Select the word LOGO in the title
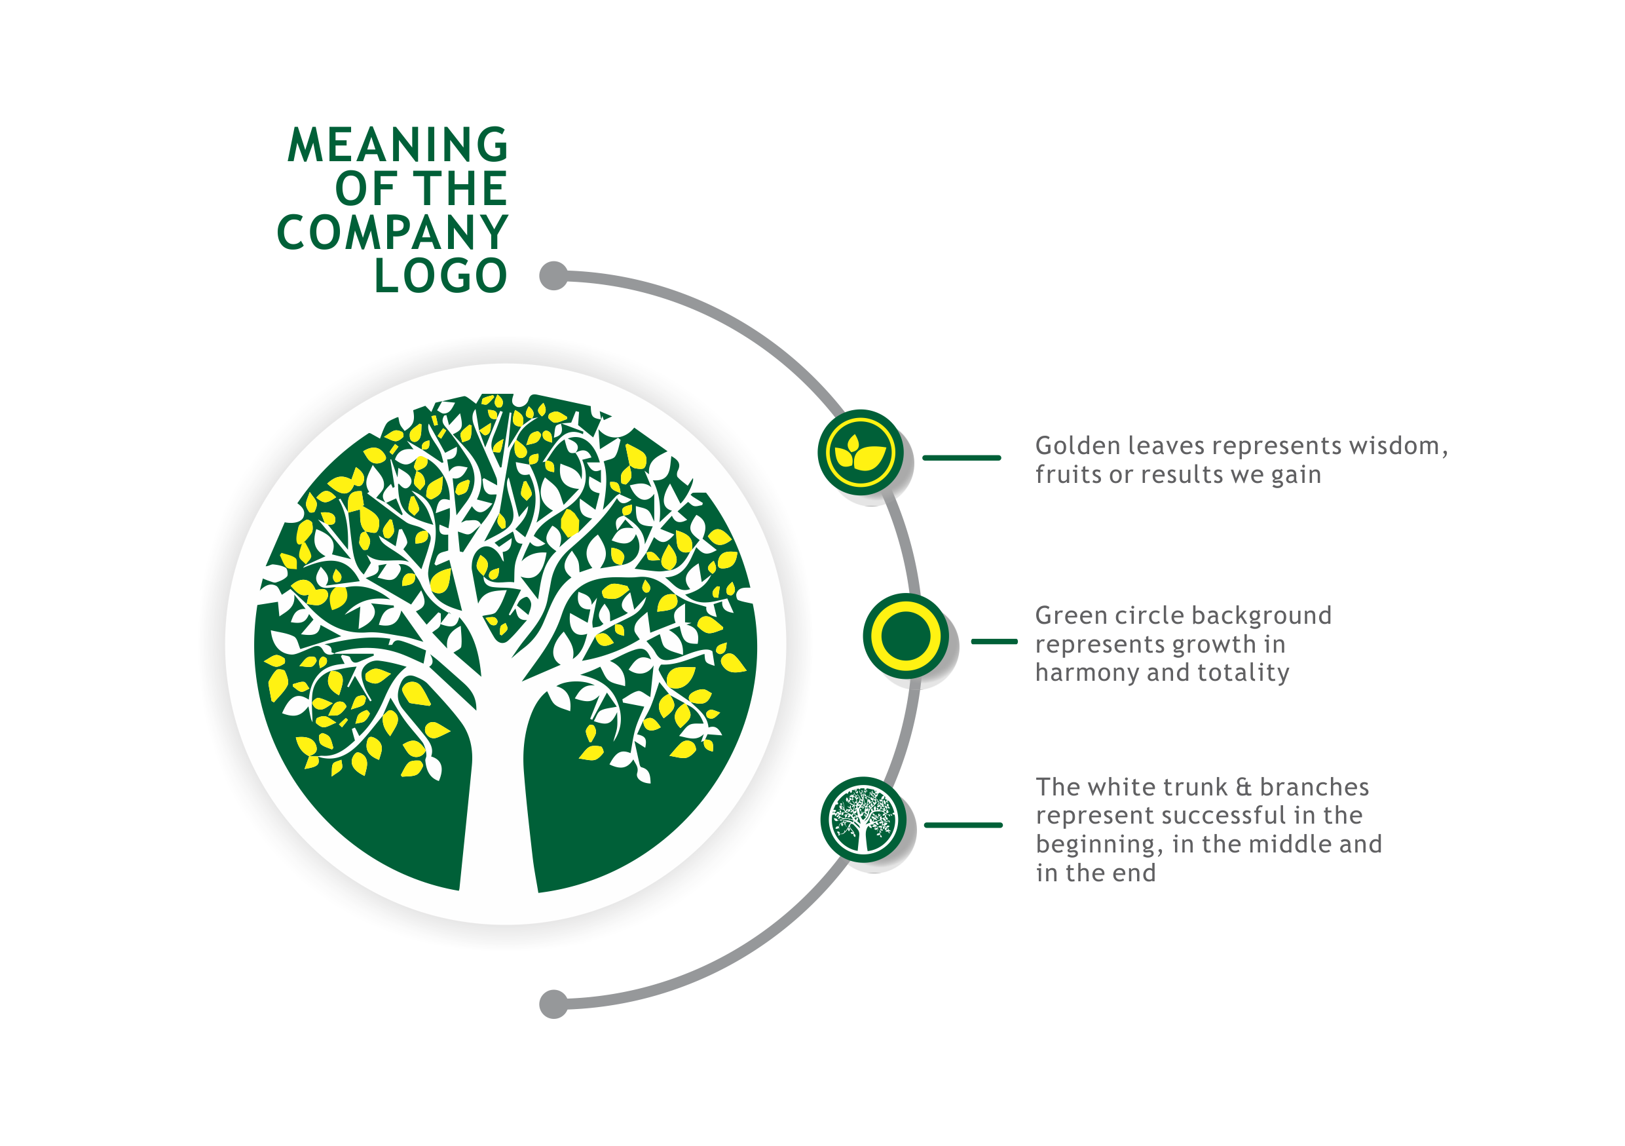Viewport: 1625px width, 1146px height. point(440,275)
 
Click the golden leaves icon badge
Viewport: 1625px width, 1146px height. point(860,452)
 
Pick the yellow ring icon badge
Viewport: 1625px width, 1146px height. point(905,636)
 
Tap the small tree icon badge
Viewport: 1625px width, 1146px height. point(862,819)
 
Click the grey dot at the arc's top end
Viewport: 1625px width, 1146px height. point(553,275)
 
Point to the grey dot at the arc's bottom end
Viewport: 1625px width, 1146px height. point(553,1004)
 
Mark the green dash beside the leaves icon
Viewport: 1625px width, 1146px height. point(961,458)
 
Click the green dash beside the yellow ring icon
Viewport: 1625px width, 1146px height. point(994,641)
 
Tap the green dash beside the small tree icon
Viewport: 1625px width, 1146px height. point(963,826)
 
